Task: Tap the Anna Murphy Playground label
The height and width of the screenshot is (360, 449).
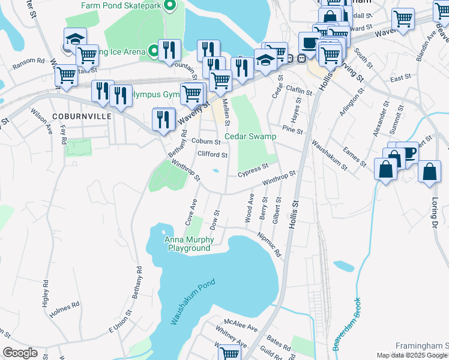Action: click(188, 244)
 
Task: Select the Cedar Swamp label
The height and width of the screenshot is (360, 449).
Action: click(250, 136)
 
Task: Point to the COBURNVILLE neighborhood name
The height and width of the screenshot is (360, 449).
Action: click(81, 115)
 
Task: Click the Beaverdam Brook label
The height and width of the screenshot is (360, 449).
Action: click(346, 324)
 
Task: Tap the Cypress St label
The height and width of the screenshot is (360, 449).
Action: click(252, 171)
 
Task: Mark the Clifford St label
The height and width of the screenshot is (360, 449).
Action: click(212, 155)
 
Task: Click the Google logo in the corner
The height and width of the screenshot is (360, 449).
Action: click(20, 353)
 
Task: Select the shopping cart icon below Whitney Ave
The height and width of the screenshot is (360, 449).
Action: click(229, 353)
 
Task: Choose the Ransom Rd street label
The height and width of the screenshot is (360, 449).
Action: click(28, 61)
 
